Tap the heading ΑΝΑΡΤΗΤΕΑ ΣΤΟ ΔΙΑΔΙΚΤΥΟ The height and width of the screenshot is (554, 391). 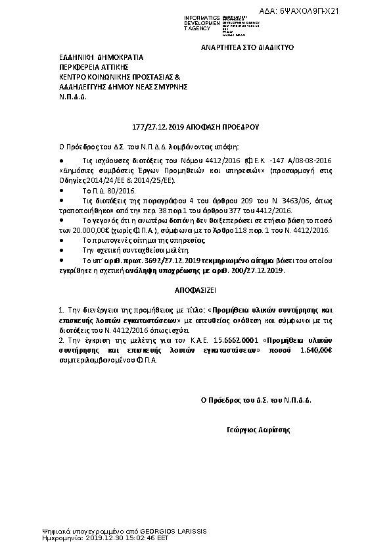point(246,49)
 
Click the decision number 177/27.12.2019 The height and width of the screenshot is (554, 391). point(144,129)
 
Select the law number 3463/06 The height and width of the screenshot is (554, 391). point(265,197)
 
